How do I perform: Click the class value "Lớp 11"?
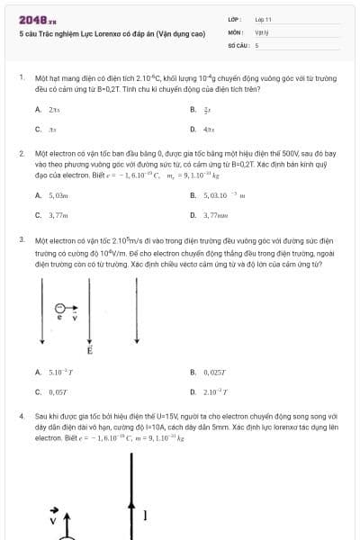[x=263, y=18]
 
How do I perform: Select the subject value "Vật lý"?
[x=262, y=31]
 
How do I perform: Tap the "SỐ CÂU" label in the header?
[x=237, y=43]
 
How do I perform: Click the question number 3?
[x=22, y=241]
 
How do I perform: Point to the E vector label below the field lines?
[x=89, y=351]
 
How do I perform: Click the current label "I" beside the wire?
[x=146, y=515]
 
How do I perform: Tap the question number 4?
[x=22, y=418]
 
